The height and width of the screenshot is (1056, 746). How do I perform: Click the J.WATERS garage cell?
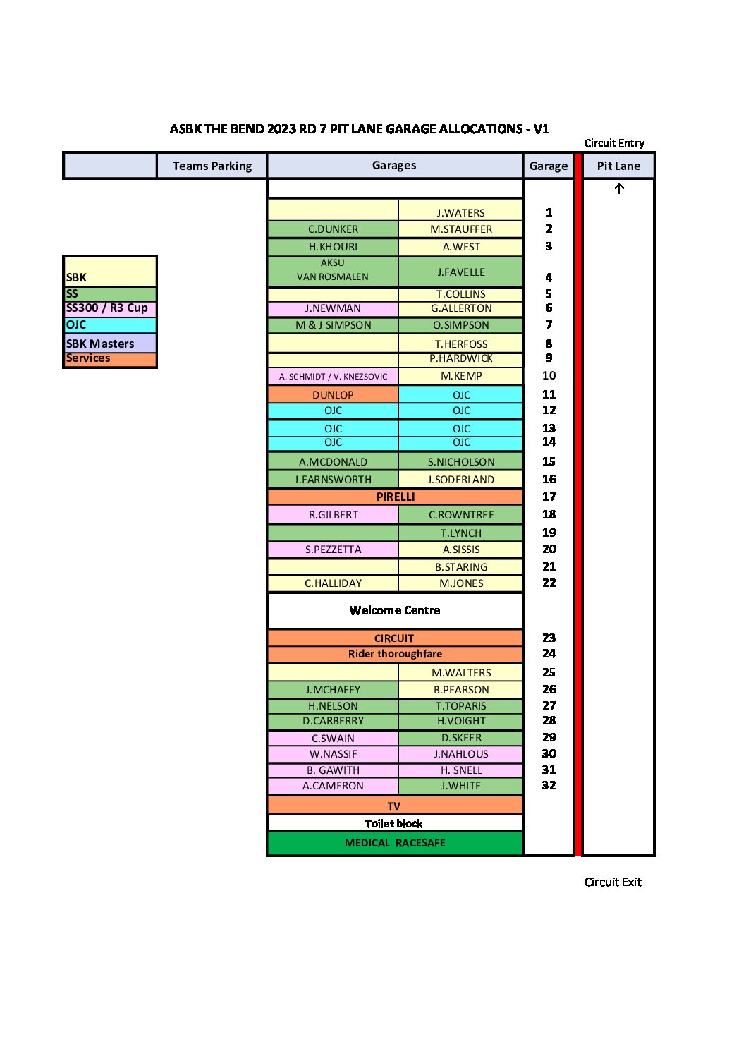click(x=460, y=210)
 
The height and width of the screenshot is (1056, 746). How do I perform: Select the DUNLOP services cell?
click(x=333, y=394)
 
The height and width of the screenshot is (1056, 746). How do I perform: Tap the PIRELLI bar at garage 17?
click(x=395, y=497)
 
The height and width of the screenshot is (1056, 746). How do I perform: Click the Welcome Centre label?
click(x=395, y=610)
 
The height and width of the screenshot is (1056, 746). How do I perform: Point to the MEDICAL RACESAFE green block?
click(x=395, y=843)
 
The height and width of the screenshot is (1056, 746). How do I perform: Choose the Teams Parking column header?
click(x=212, y=166)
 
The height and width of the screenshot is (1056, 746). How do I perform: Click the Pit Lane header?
click(x=618, y=166)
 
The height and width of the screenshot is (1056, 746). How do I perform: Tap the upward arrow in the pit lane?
click(x=619, y=188)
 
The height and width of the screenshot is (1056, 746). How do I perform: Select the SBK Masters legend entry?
click(x=110, y=343)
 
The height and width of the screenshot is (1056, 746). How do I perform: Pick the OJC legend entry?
click(x=110, y=324)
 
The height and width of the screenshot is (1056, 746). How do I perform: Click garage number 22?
click(x=549, y=583)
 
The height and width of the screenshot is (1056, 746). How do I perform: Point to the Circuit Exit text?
click(x=613, y=882)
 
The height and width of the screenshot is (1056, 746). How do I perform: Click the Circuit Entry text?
click(x=614, y=142)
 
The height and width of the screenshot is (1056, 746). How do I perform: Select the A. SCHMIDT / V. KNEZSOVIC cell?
click(x=333, y=376)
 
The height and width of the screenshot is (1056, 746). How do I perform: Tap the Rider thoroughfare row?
click(x=395, y=653)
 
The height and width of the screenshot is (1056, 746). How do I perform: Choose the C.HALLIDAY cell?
click(x=333, y=583)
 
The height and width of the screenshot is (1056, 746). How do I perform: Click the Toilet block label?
click(x=394, y=824)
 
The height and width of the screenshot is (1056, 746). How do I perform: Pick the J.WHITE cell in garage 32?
click(x=460, y=786)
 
